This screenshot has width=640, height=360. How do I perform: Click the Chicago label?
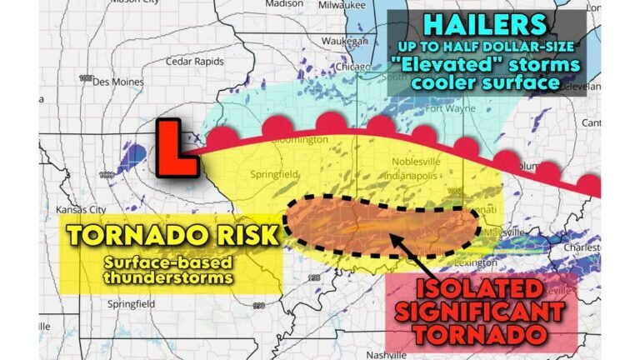pos(362,67)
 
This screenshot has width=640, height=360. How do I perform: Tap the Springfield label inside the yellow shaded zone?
pos(276,175)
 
